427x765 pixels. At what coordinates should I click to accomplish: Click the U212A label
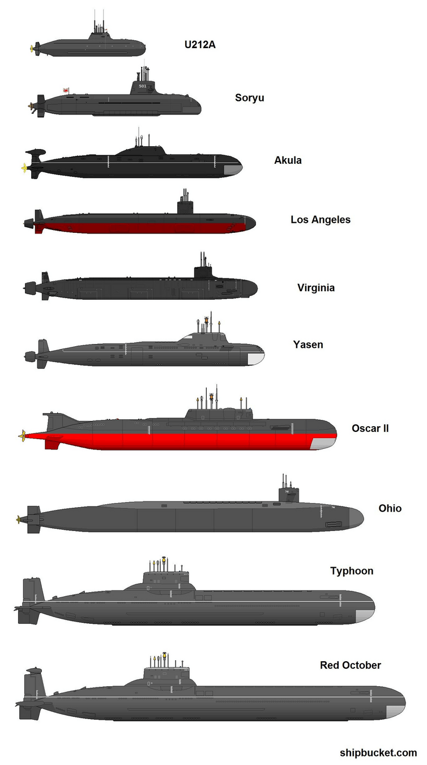pos(199,45)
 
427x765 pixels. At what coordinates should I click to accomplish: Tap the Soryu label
pos(249,98)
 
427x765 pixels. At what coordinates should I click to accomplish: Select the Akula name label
pos(288,160)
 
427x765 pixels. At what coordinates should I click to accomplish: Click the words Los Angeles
pos(321,219)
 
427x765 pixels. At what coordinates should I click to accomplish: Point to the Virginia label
pos(316,288)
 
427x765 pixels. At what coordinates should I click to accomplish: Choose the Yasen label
pos(308,344)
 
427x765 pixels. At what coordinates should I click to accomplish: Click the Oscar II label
pos(370,428)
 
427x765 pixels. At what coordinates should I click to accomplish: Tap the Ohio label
pos(390,508)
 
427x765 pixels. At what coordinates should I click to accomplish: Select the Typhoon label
pos(352,571)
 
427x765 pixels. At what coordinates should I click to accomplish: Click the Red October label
pos(350,665)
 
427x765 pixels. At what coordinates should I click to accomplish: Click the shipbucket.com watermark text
pos(378,753)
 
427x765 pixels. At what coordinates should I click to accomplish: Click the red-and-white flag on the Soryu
pos(67,90)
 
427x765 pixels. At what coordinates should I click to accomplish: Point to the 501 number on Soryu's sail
pos(142,86)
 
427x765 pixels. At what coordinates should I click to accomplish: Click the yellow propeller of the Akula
pos(24,167)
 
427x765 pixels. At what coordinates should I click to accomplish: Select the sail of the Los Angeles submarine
pos(185,207)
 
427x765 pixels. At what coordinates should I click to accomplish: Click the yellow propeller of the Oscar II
pos(22,435)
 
